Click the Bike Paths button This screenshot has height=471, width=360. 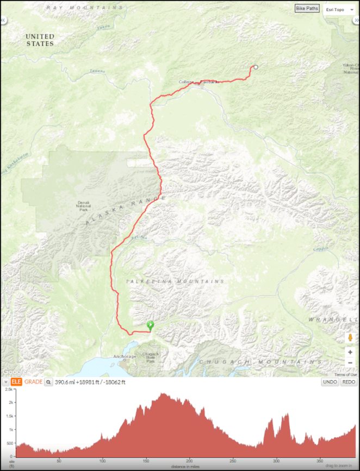[x=307, y=9]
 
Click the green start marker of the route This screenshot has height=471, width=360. [x=150, y=325]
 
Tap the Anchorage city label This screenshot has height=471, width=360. [x=125, y=356]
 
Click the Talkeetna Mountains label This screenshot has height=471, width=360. [x=175, y=281]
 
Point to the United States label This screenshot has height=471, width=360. [x=40, y=40]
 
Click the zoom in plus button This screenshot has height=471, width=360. [x=350, y=352]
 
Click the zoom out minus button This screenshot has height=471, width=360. [x=350, y=363]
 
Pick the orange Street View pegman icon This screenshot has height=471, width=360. [x=350, y=338]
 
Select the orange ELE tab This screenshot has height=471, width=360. [x=16, y=382]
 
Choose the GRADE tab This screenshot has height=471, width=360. [x=33, y=382]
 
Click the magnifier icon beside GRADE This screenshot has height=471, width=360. [x=48, y=382]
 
